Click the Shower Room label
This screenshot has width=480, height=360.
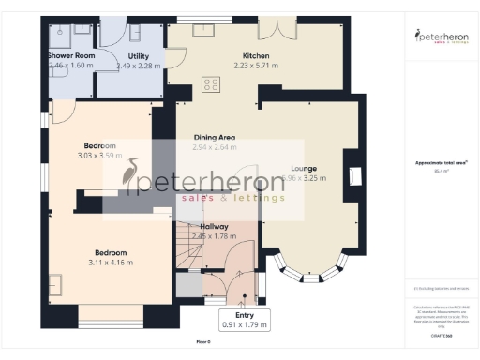(70, 56)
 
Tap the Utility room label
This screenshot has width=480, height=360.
(138, 56)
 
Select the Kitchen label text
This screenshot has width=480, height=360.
(230, 56)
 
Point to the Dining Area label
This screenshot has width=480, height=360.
(214, 137)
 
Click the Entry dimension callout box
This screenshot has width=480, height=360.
(243, 319)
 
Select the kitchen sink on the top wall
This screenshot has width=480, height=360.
(204, 28)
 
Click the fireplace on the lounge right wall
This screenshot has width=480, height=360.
(354, 175)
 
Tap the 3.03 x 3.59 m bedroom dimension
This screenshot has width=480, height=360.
(99, 156)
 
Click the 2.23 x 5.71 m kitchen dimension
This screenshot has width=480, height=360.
(230, 67)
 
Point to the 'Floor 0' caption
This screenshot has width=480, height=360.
(203, 344)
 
